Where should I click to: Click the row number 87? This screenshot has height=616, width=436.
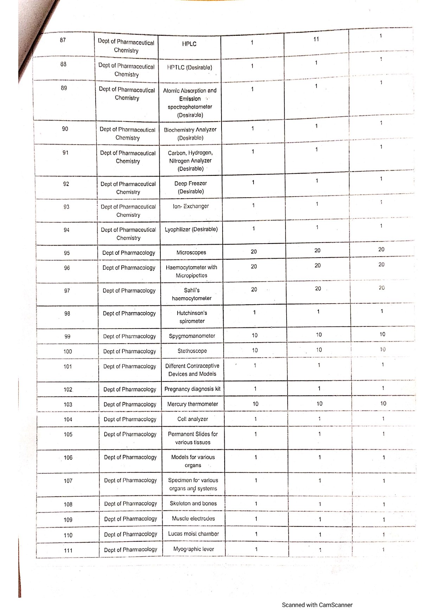pyautogui.click(x=63, y=40)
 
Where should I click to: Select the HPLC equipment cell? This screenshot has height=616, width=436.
pyautogui.click(x=189, y=44)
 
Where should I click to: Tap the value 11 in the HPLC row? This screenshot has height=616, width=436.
pyautogui.click(x=316, y=39)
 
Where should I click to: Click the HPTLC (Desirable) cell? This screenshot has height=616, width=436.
pyautogui.click(x=190, y=67)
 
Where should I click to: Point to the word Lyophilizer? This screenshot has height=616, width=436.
pyautogui.click(x=178, y=230)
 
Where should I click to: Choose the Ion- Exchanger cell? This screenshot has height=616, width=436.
pyautogui.click(x=191, y=206)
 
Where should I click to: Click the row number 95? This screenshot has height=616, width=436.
pyautogui.click(x=66, y=253)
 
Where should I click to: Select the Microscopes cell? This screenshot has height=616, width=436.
pyautogui.click(x=191, y=252)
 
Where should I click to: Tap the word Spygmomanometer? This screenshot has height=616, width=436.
pyautogui.click(x=192, y=336)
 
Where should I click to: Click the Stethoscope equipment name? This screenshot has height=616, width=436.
pyautogui.click(x=192, y=351)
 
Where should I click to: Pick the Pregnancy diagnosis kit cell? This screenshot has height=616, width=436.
pyautogui.click(x=192, y=389)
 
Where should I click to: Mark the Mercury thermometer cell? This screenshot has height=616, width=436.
pyautogui.click(x=193, y=404)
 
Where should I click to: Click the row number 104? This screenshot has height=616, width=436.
pyautogui.click(x=68, y=419)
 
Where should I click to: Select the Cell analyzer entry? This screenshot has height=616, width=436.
pyautogui.click(x=193, y=419)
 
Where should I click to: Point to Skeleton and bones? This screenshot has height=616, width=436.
pyautogui.click(x=193, y=503)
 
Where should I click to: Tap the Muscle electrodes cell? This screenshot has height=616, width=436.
pyautogui.click(x=193, y=518)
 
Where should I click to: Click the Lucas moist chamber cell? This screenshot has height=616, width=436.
pyautogui.click(x=193, y=534)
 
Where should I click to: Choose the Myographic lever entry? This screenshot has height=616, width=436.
pyautogui.click(x=193, y=549)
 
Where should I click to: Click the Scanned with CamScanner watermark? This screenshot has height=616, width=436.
pyautogui.click(x=317, y=605)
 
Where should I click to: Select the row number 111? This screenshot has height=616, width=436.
pyautogui.click(x=68, y=550)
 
